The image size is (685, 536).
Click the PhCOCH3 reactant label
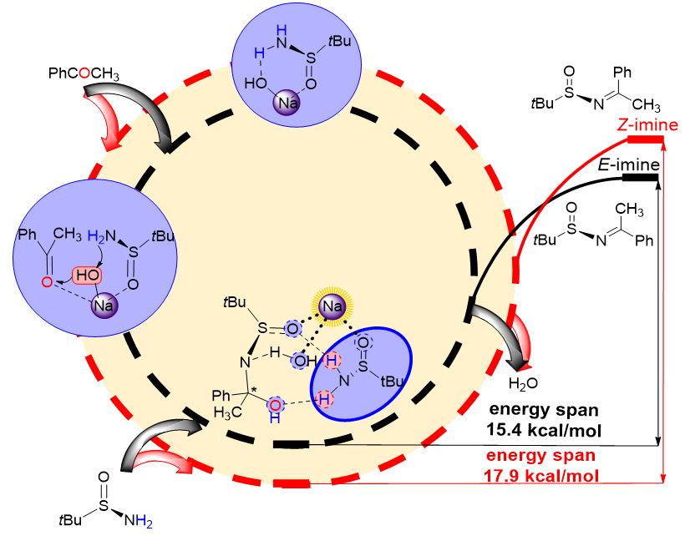pos(82,76)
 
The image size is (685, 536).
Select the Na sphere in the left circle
pos(105,302)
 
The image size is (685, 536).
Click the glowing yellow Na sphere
pos(333,310)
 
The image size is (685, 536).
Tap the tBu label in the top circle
pos(339,39)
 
